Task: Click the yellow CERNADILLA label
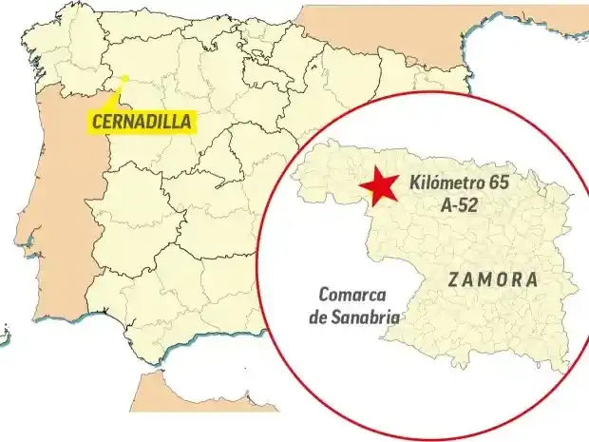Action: point(142,122)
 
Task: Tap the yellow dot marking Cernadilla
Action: point(124,78)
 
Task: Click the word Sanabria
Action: point(365,317)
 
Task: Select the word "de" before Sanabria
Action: point(318,317)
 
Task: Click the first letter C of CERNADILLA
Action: point(96,122)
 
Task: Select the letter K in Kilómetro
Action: point(413,183)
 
